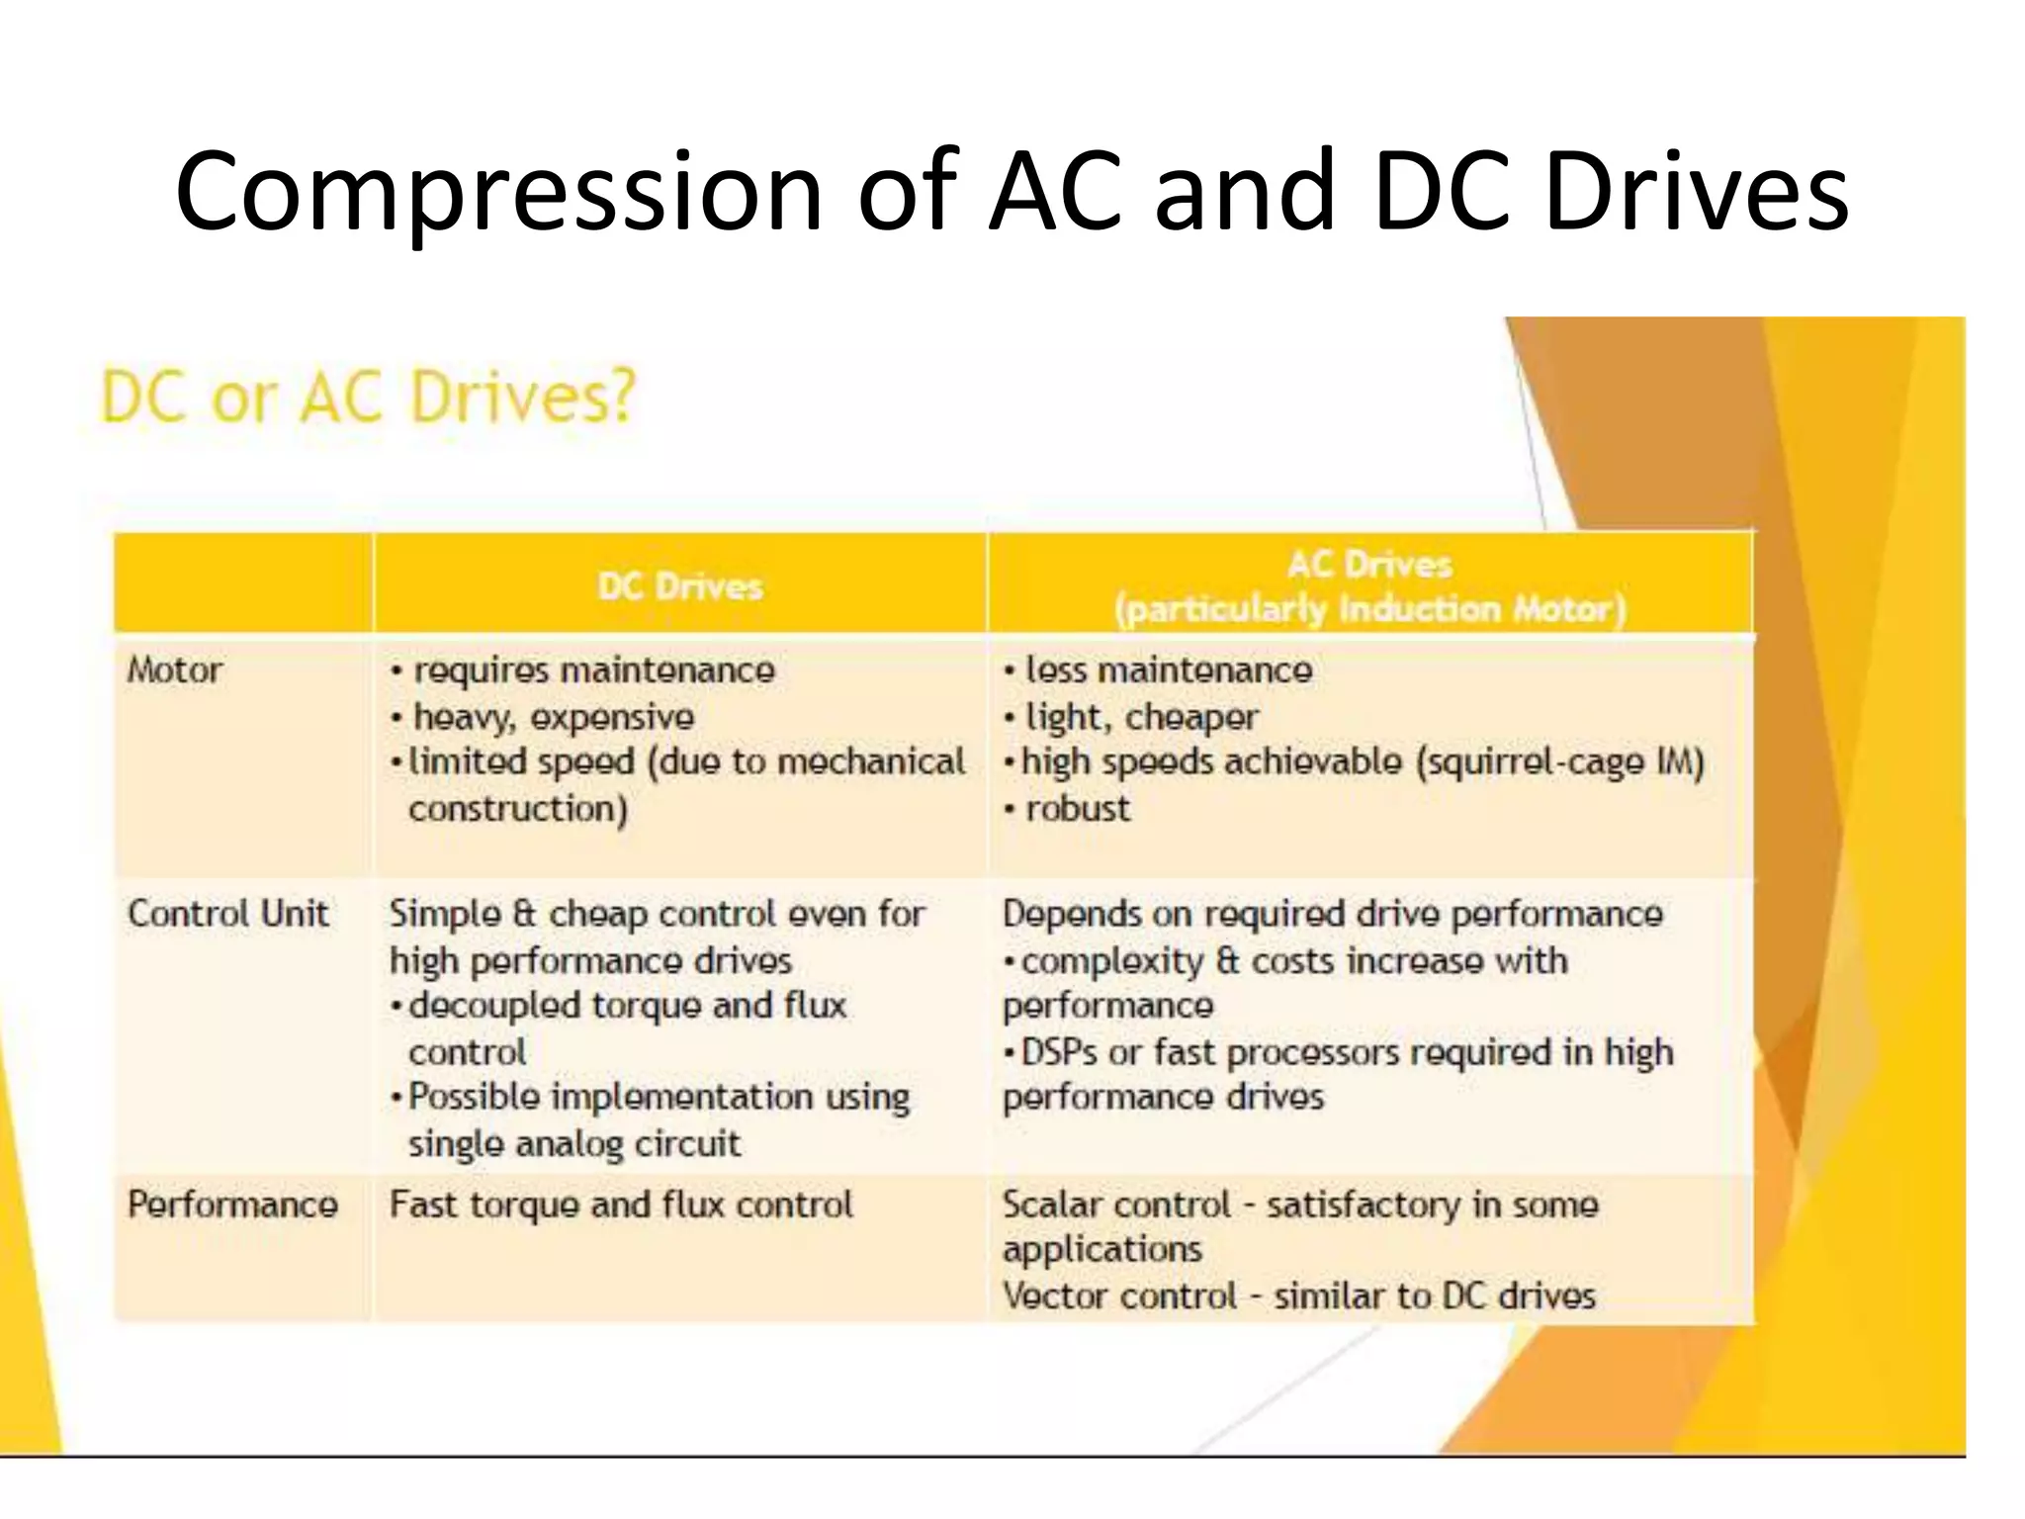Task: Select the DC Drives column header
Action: (680, 586)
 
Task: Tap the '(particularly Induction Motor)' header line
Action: (1369, 608)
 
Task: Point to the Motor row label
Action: (175, 670)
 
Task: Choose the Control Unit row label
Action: (227, 913)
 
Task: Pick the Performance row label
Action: (232, 1204)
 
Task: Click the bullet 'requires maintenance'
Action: (593, 670)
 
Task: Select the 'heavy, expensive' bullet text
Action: (553, 717)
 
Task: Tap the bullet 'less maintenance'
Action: (1169, 670)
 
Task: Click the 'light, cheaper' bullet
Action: (1142, 717)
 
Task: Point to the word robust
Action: (1078, 809)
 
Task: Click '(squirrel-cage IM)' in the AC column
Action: (1560, 762)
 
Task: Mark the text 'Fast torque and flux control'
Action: (620, 1205)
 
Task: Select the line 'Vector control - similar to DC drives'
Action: (1298, 1296)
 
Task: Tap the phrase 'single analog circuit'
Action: (573, 1144)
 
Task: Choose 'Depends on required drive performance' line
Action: (1332, 914)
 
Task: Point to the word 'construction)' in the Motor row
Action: (518, 809)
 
